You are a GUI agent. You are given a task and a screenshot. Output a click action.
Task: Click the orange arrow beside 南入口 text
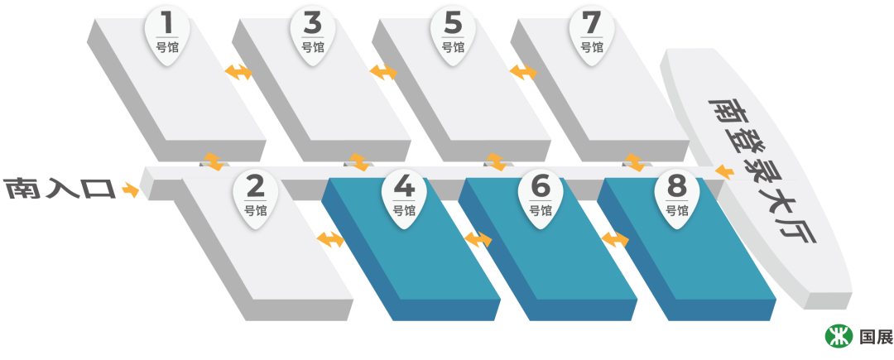[130, 190]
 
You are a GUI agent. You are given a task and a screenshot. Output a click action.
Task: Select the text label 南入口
[60, 189]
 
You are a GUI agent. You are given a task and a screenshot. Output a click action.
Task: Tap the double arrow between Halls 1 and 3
[239, 72]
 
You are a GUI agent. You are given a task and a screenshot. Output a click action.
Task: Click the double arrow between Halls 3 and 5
[383, 72]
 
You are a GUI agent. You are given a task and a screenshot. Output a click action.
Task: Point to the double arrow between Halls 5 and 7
[523, 72]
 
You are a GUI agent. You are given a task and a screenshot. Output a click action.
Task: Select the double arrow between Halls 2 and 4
[330, 239]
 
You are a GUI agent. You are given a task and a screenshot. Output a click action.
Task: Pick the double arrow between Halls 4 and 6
[478, 239]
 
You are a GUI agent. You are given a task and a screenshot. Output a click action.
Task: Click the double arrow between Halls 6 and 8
[614, 239]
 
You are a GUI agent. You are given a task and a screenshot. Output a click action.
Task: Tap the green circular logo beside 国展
[838, 335]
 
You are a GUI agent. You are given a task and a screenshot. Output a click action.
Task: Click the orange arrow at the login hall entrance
[723, 172]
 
